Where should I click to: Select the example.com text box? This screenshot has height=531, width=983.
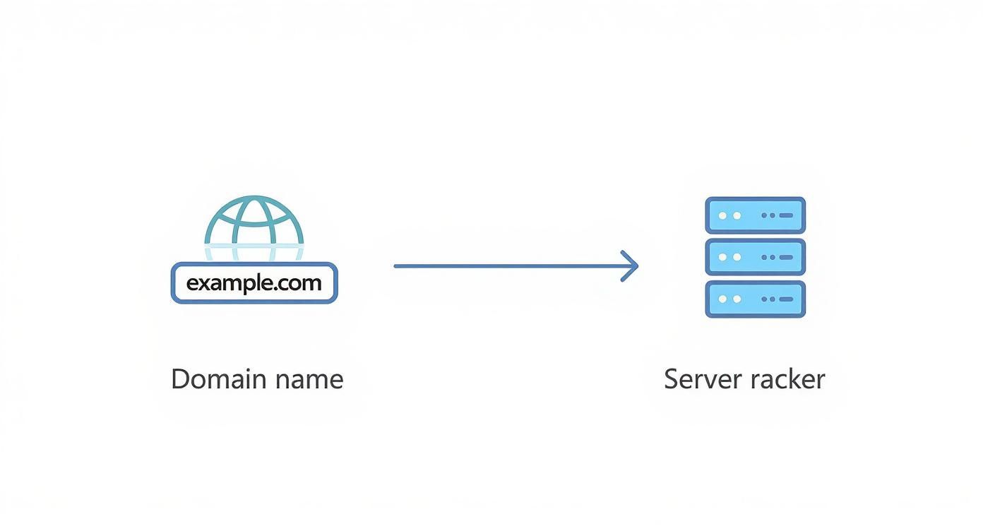(x=254, y=283)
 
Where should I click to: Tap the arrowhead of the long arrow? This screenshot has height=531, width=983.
(x=633, y=266)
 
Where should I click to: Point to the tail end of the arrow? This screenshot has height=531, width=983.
(x=397, y=266)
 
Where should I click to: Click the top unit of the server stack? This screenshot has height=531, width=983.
(x=755, y=215)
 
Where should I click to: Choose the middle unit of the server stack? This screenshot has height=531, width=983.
(x=755, y=257)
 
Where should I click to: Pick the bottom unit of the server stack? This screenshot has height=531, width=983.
(x=755, y=299)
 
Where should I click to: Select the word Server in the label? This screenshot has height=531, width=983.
(x=702, y=379)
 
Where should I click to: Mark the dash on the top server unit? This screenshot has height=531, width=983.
(x=786, y=215)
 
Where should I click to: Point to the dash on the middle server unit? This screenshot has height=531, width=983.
(x=786, y=257)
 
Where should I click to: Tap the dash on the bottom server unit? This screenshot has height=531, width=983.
(x=786, y=299)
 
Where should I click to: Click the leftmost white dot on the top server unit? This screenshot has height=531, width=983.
(x=722, y=215)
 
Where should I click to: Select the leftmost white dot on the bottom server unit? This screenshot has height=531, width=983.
(x=722, y=299)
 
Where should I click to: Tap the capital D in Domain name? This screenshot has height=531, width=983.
(x=180, y=379)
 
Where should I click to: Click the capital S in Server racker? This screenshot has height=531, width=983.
(x=672, y=379)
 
